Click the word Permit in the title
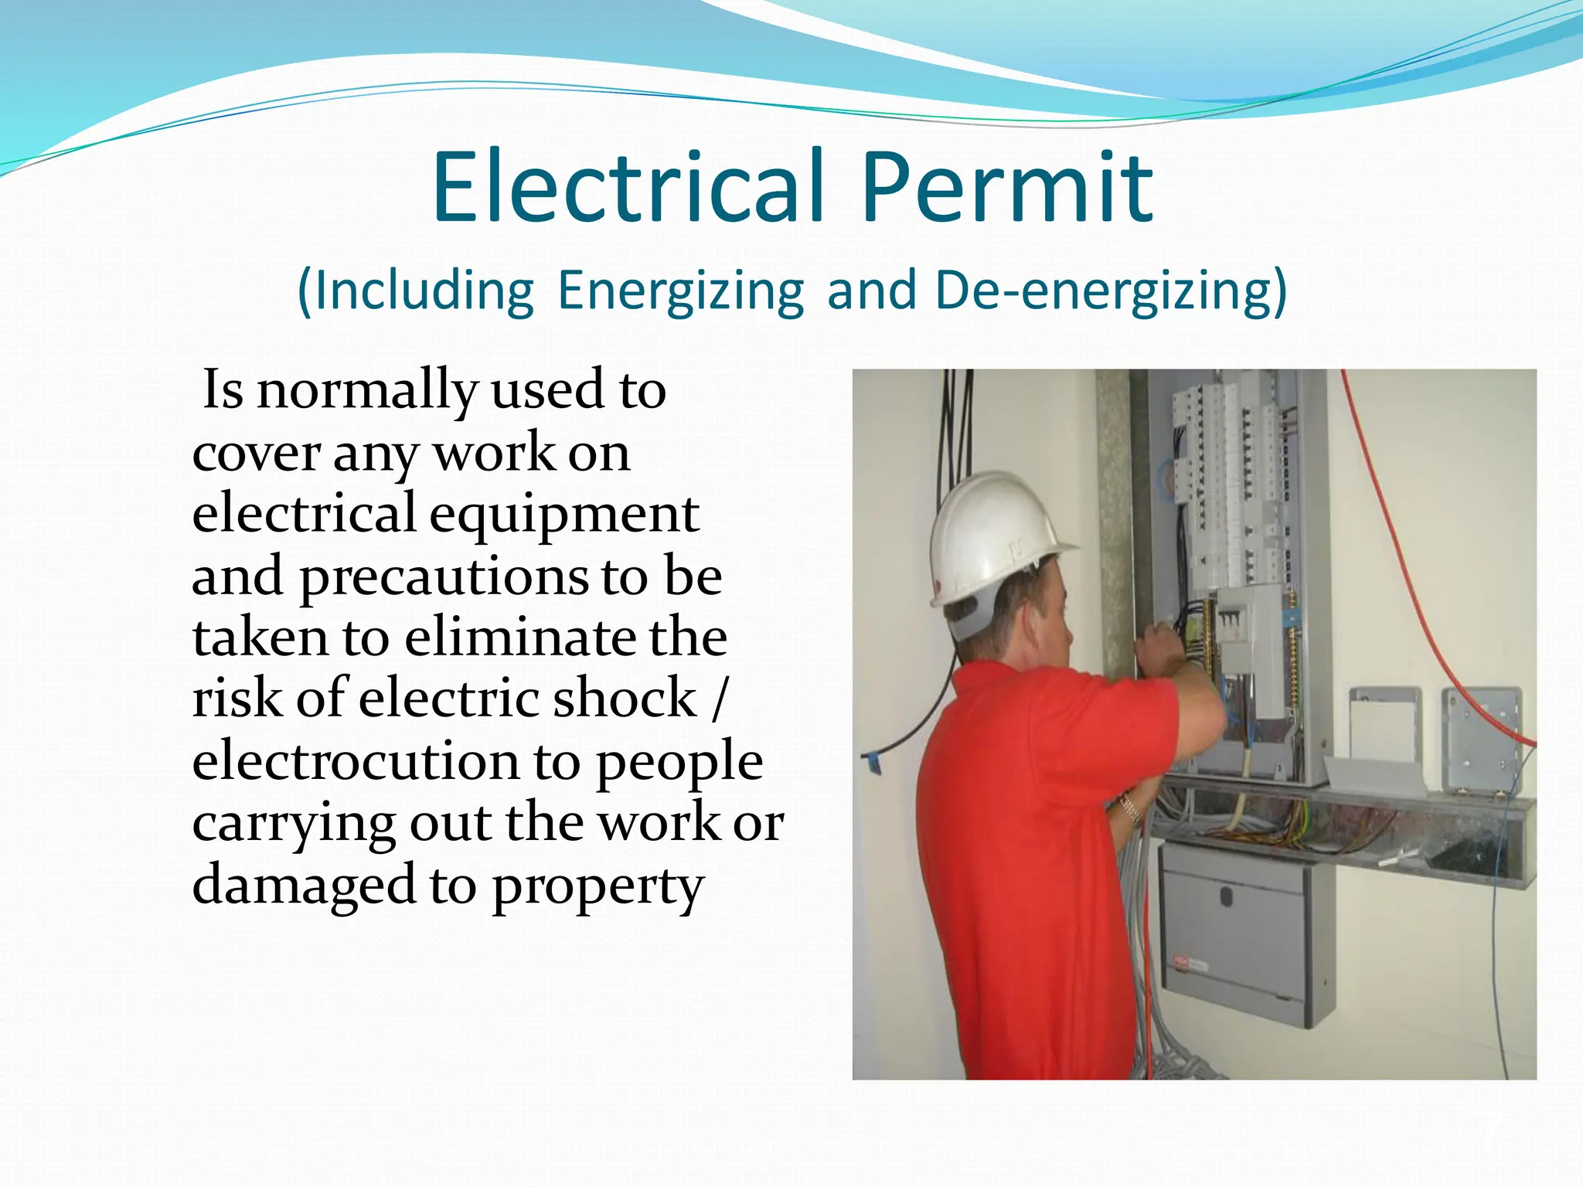tap(1007, 189)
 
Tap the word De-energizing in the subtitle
tap(1110, 291)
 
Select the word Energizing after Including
tap(680, 291)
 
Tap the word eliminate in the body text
tap(520, 638)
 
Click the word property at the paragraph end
tap(597, 887)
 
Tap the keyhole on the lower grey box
tap(1226, 897)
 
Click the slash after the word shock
tap(719, 699)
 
